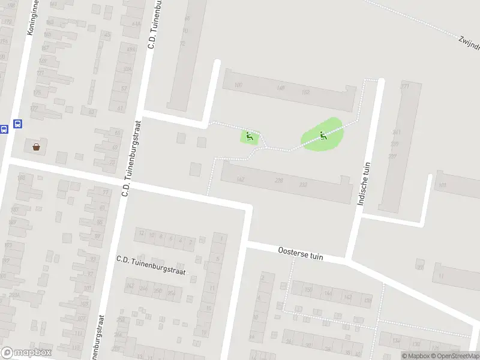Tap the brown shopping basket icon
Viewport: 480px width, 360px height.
tap(37, 146)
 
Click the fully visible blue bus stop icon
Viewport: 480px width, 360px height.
tap(18, 124)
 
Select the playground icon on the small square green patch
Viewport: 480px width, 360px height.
tap(250, 137)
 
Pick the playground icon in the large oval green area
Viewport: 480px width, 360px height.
tap(323, 136)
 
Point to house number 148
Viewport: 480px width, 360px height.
tap(280, 88)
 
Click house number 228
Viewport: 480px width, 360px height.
tap(278, 181)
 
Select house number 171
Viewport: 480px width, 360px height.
tap(404, 86)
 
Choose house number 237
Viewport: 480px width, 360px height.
tap(392, 156)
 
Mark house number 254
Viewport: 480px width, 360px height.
tap(171, 292)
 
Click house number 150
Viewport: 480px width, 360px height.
tap(309, 290)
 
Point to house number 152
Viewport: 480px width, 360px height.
tap(305, 91)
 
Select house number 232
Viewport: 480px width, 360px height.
tap(303, 184)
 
